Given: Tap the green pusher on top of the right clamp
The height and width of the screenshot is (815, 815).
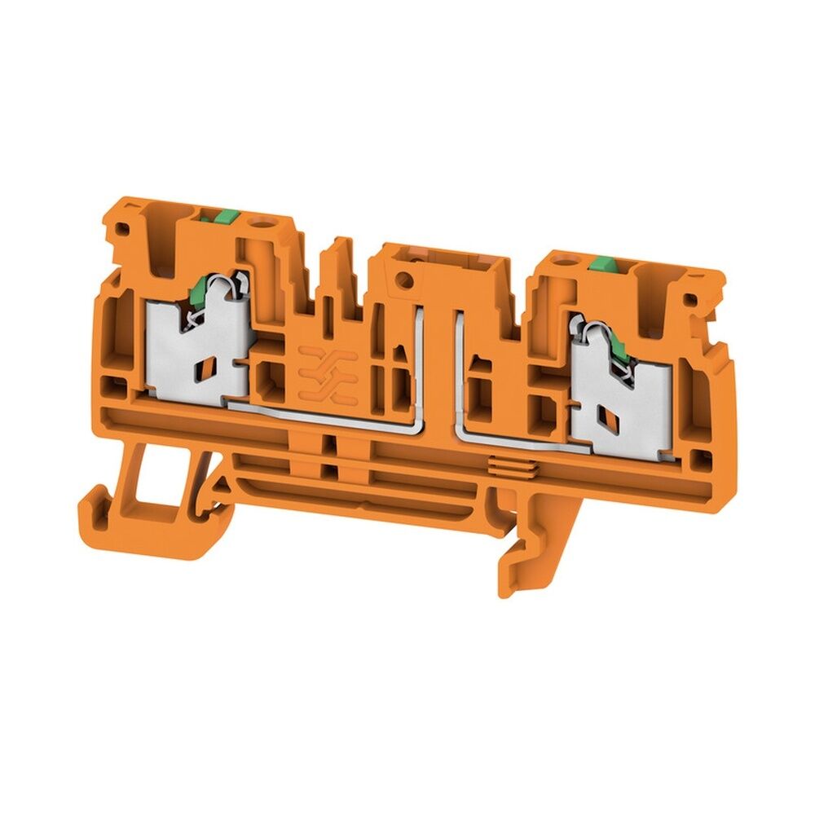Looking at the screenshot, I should (603, 263).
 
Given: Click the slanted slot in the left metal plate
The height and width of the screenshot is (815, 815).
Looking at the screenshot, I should (204, 371).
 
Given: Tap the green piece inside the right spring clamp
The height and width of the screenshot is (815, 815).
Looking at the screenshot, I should (622, 352).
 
